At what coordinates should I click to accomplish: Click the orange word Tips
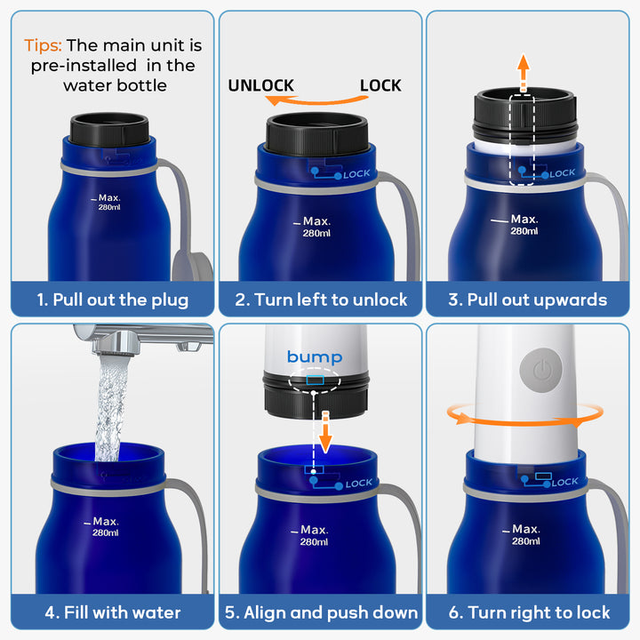click(43, 45)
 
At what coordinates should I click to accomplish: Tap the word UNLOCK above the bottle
click(260, 85)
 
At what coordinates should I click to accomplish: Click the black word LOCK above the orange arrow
click(380, 85)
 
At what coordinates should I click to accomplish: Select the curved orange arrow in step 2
click(316, 100)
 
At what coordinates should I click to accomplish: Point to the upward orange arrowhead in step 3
click(524, 62)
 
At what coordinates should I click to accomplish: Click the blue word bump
click(315, 357)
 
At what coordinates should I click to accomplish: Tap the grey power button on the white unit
click(540, 370)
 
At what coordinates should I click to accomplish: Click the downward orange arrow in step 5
click(325, 433)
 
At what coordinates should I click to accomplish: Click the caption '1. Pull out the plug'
click(113, 300)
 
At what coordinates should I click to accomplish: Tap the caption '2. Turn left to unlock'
click(321, 300)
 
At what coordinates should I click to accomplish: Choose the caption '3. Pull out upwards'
click(527, 300)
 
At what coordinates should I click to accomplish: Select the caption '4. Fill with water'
click(113, 612)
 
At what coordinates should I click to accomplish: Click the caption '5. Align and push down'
click(321, 612)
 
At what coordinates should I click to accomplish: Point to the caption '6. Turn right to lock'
click(529, 612)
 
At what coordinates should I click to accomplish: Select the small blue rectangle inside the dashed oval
click(315, 380)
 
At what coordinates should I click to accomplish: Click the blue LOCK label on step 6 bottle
click(565, 482)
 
